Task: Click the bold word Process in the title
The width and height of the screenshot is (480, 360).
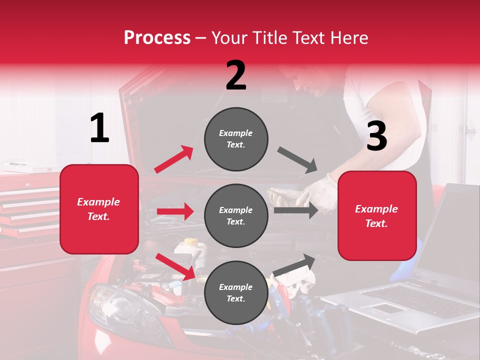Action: [157, 38]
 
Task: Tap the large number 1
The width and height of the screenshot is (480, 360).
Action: [99, 128]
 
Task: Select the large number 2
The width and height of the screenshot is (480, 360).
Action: [236, 75]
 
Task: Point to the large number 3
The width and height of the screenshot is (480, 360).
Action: [376, 136]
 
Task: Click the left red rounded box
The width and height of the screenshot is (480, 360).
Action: [99, 209]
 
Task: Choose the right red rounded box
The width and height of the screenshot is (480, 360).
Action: [377, 215]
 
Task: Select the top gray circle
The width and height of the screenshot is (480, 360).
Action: [236, 139]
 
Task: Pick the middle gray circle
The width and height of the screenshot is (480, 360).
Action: [236, 215]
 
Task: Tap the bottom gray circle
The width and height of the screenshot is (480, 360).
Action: [236, 292]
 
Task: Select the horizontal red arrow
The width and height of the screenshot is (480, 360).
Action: [175, 211]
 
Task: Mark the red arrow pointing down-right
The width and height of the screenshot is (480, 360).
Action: [175, 266]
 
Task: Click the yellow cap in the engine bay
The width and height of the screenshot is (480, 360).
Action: [190, 242]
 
